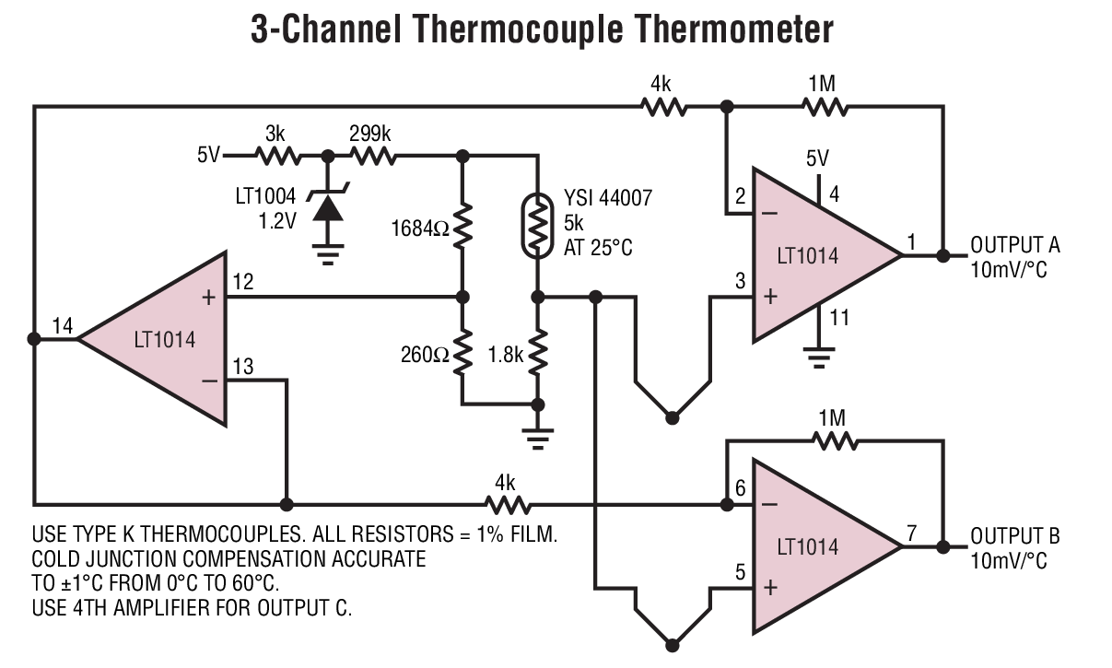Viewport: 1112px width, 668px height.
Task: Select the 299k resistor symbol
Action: click(x=372, y=157)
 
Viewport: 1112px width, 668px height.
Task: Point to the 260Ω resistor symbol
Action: click(x=463, y=351)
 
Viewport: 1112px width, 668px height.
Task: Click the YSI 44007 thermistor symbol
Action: click(x=538, y=227)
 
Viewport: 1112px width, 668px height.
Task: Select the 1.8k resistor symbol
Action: click(x=538, y=351)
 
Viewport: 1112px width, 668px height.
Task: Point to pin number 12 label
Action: click(x=242, y=280)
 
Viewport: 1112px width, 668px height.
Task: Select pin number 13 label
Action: click(x=242, y=368)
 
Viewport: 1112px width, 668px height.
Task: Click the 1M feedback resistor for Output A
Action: click(x=823, y=107)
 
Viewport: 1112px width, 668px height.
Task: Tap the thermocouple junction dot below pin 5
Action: click(x=673, y=645)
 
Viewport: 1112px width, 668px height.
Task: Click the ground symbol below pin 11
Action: click(x=818, y=355)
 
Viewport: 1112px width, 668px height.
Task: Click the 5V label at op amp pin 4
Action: click(x=817, y=158)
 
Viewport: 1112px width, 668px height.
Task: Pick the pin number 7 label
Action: click(x=911, y=532)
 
